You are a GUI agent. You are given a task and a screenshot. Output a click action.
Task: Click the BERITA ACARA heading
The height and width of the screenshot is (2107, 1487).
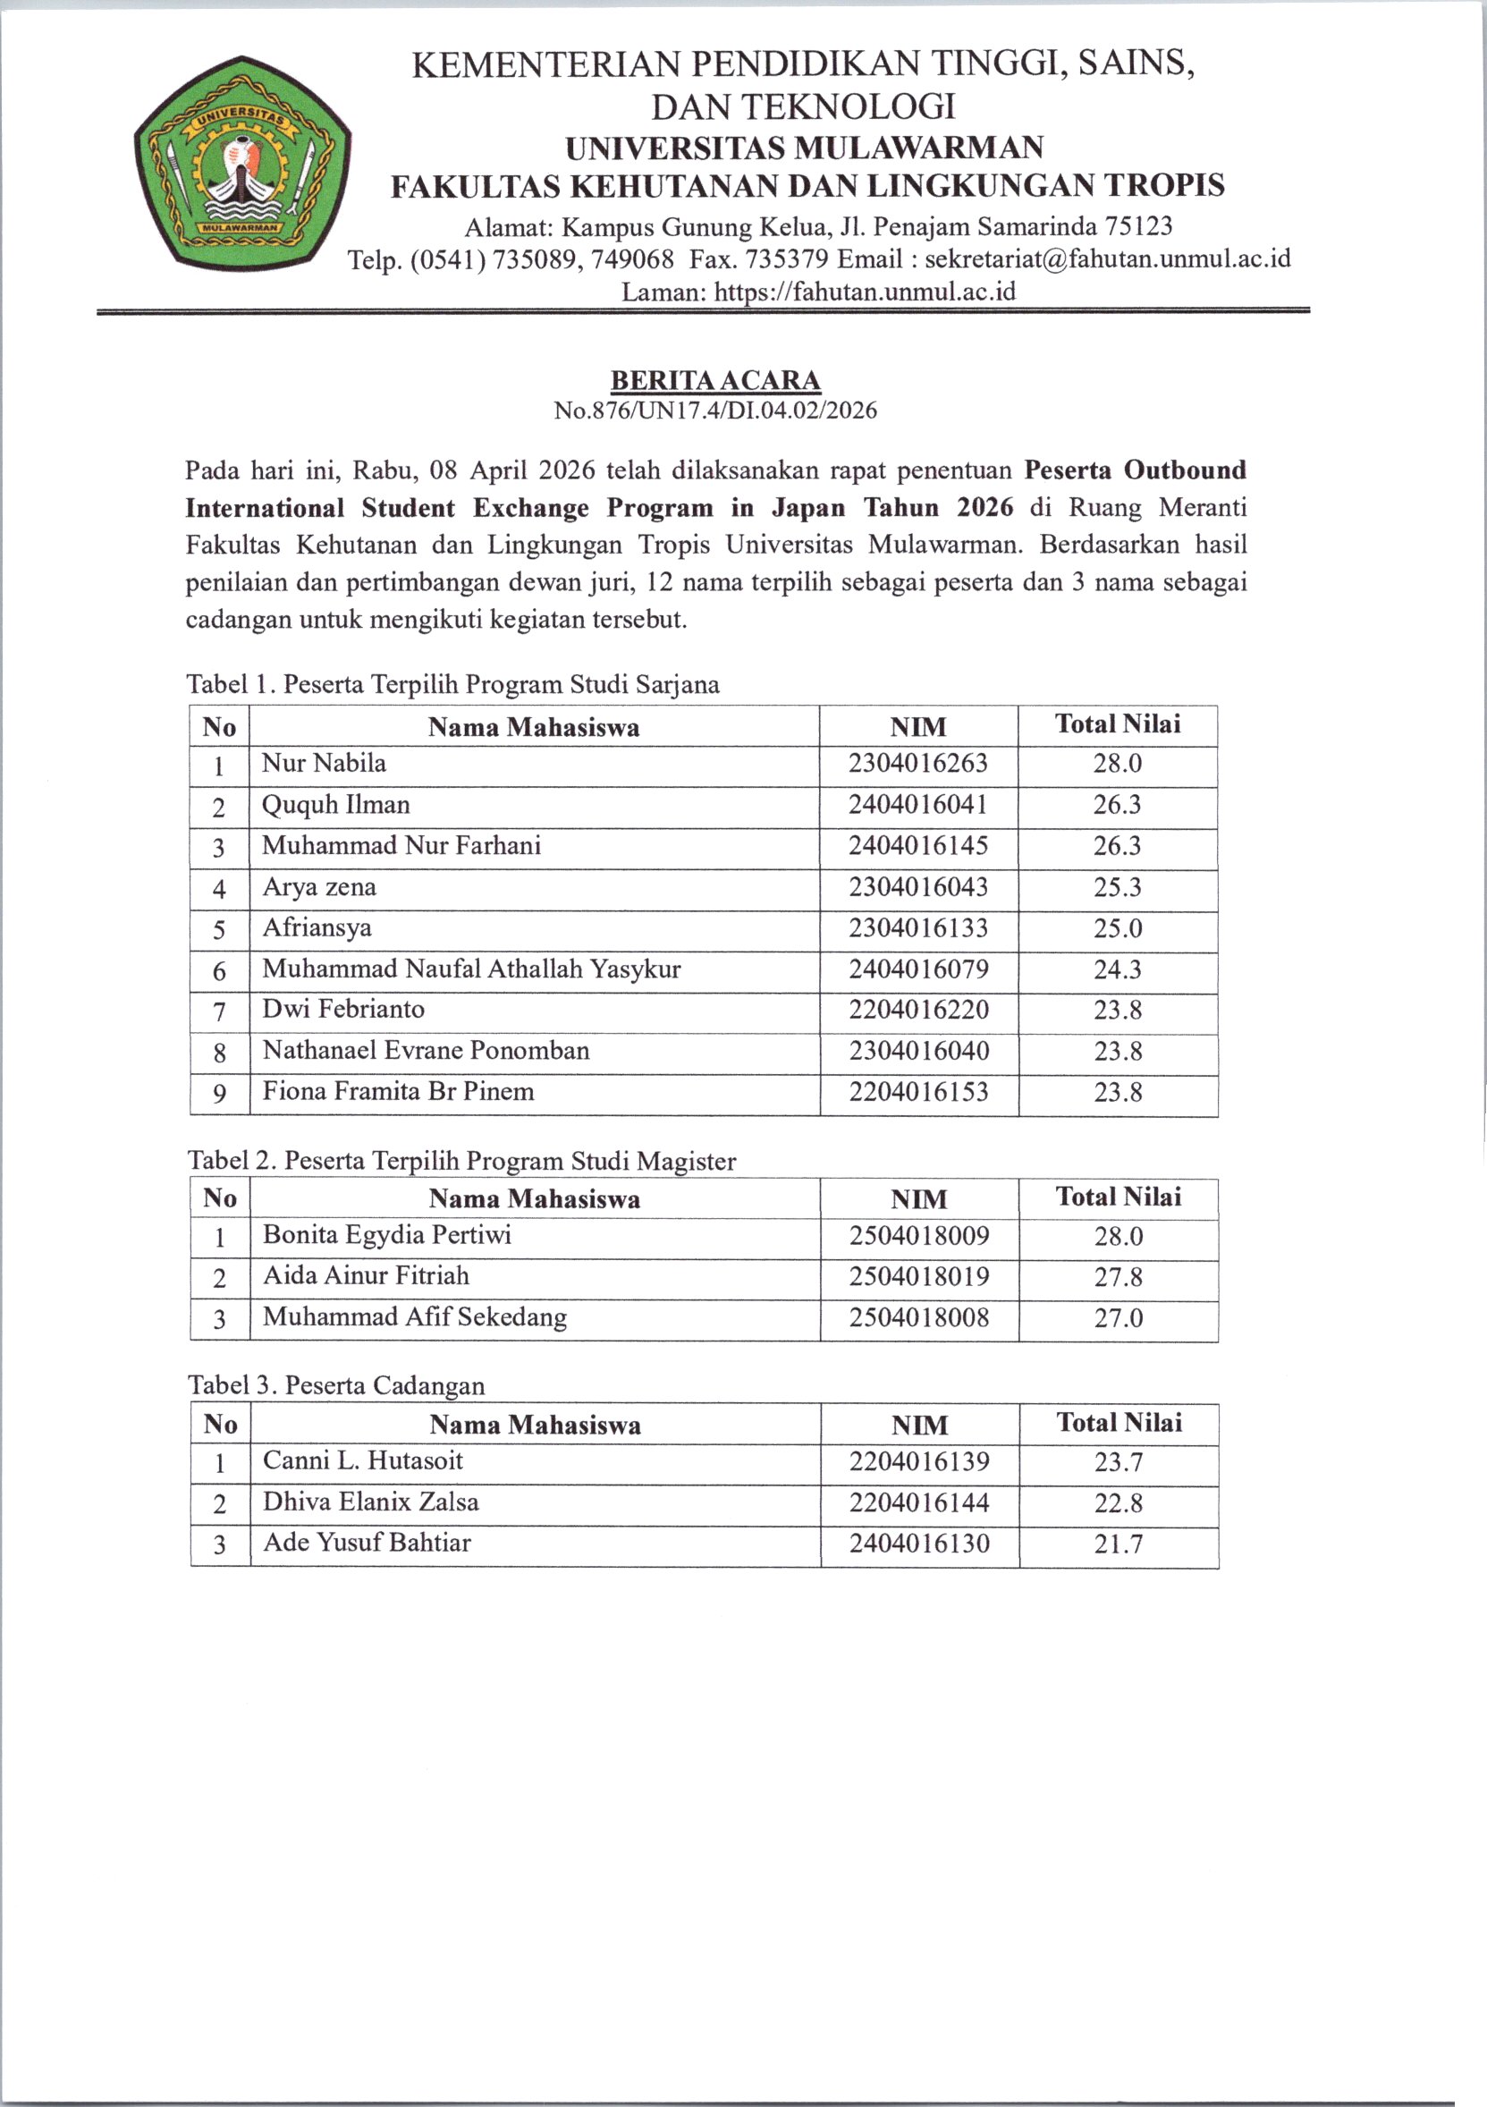715,380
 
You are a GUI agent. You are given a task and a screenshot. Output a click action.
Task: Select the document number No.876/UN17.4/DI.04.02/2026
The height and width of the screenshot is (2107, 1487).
715,410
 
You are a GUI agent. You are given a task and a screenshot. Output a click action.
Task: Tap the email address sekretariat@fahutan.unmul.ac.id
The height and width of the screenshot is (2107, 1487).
1107,258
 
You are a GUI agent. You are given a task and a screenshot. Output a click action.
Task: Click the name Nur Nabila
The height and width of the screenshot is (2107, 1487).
324,764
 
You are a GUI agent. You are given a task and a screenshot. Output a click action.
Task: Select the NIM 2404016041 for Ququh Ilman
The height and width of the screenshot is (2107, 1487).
918,805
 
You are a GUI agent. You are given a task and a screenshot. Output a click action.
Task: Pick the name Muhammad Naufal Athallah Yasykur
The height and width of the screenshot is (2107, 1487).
471,969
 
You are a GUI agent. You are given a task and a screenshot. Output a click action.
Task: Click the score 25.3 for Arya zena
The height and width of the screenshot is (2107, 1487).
1118,887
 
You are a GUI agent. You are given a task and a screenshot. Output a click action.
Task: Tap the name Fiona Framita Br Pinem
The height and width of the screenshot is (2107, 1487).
398,1091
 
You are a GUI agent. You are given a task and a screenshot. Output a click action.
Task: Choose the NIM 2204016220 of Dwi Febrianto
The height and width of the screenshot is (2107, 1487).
918,1011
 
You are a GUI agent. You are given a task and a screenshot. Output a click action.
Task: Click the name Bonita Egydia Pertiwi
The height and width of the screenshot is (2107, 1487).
387,1234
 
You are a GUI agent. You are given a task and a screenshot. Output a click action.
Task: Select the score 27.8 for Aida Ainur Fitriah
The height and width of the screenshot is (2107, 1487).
1119,1276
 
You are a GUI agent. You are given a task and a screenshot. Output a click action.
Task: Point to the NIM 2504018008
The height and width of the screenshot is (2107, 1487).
919,1318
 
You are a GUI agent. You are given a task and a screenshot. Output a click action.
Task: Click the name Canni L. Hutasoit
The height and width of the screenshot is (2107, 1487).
362,1460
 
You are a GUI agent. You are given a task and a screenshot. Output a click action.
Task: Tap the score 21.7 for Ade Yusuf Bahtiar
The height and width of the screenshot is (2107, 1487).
1119,1544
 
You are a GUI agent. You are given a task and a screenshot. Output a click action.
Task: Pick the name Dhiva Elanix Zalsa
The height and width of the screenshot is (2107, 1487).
370,1502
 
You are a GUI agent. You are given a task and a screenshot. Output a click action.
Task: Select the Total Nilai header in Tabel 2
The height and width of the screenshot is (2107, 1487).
1119,1197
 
